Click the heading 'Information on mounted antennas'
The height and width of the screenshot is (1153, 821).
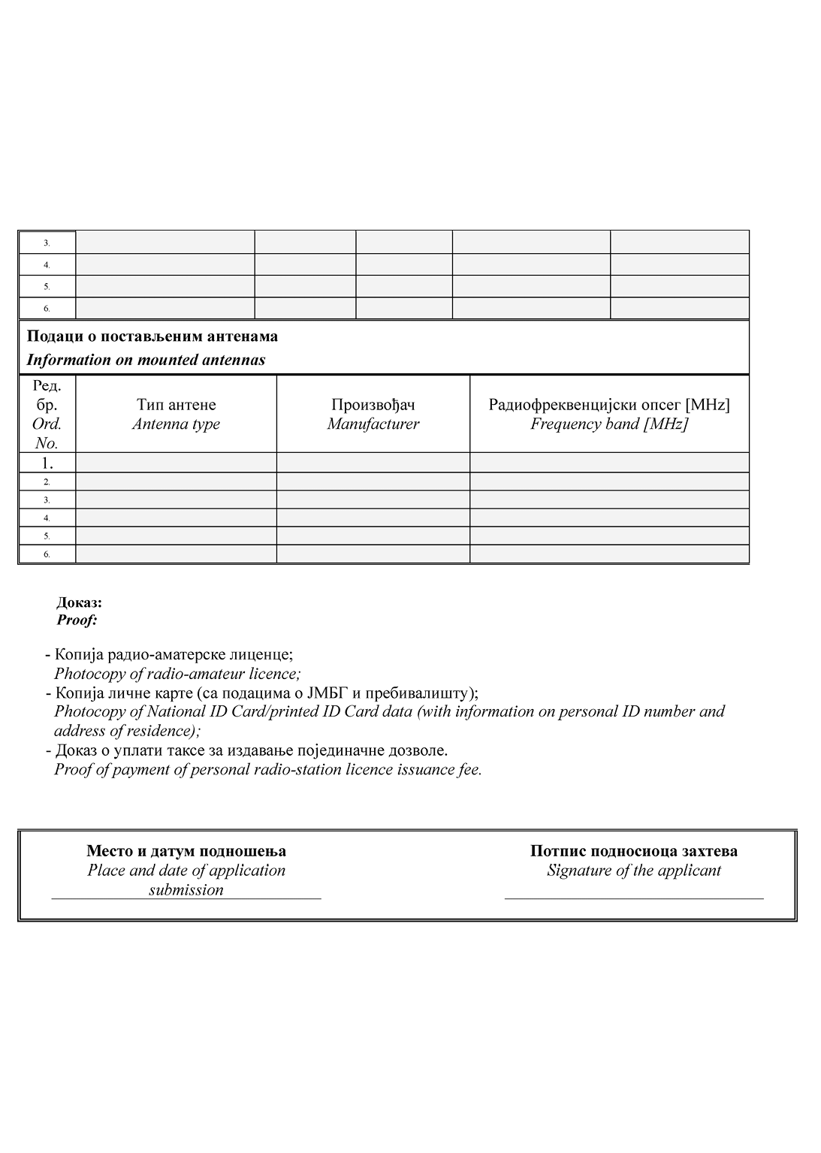[146, 360]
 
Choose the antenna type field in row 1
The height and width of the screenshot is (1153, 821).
[176, 463]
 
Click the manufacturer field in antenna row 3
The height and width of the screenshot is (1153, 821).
[373, 500]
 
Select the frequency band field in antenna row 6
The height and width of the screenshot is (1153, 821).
[609, 554]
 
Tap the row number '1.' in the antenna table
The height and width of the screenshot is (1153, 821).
[47, 463]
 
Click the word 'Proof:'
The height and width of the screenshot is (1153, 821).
[77, 620]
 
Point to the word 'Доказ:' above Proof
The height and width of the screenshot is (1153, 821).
[80, 602]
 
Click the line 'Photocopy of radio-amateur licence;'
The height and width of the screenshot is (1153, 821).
[177, 674]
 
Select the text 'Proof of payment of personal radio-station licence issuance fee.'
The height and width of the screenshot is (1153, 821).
[268, 770]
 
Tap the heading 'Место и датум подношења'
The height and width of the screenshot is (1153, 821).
[186, 851]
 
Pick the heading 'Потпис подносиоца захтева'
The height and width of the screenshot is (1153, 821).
[634, 851]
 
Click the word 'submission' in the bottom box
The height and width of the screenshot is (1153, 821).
[186, 890]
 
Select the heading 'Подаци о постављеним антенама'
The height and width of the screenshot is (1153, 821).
[152, 337]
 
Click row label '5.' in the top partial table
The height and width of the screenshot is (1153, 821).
[47, 286]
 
